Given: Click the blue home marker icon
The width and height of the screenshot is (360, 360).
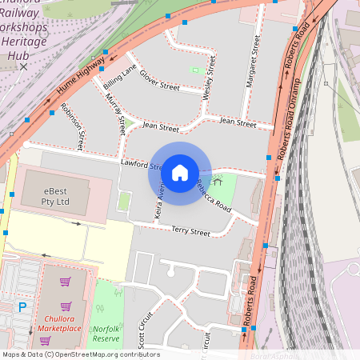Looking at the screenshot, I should (180, 173).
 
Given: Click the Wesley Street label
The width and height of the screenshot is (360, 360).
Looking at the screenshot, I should (210, 78).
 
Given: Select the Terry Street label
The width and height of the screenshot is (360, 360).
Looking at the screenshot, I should (190, 232).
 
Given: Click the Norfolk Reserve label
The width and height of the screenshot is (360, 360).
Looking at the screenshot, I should (106, 333).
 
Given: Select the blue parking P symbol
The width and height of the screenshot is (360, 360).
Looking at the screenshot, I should (22, 306).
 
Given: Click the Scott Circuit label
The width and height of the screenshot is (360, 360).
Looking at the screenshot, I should (144, 331).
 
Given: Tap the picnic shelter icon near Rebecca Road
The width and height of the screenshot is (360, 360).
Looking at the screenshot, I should (216, 182).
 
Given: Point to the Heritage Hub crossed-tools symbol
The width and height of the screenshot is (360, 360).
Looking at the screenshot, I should (23, 67).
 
